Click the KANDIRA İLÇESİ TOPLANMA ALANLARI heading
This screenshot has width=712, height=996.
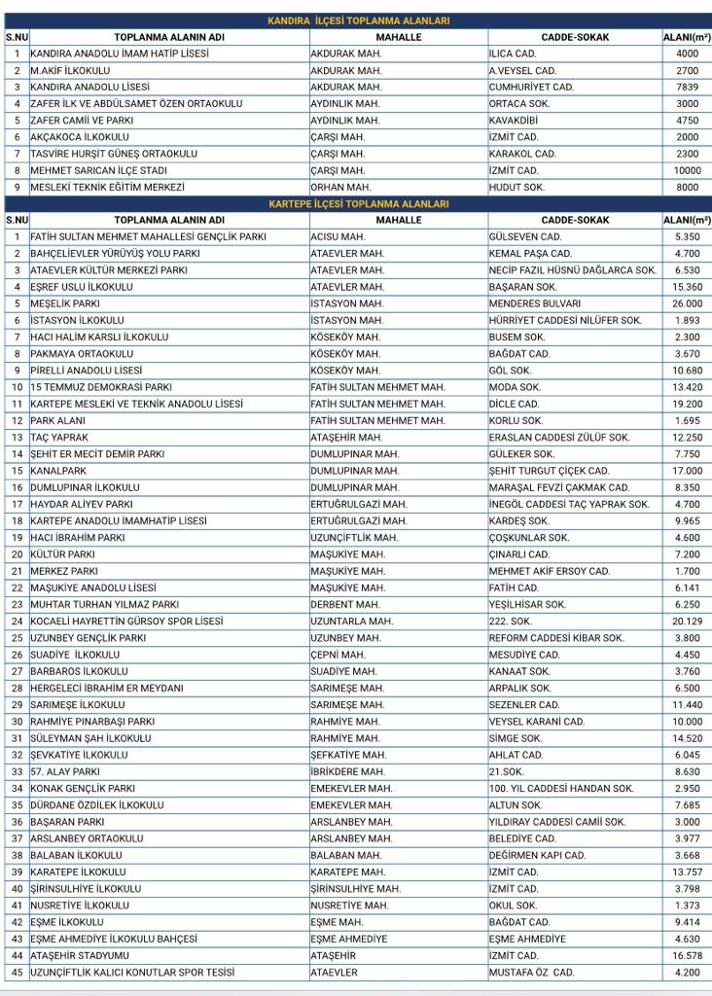[x=358, y=20]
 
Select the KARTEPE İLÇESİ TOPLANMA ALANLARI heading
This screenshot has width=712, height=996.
[x=358, y=204]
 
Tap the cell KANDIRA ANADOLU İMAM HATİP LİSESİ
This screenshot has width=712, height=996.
[x=120, y=53]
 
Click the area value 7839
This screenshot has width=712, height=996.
[x=687, y=87]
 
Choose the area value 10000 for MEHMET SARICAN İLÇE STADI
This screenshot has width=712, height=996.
[x=687, y=170]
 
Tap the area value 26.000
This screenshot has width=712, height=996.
[x=687, y=303]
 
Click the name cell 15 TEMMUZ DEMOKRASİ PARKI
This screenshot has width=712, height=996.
[x=101, y=387]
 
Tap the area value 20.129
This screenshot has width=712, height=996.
[x=687, y=621]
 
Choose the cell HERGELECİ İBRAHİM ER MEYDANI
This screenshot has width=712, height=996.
[x=107, y=688]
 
